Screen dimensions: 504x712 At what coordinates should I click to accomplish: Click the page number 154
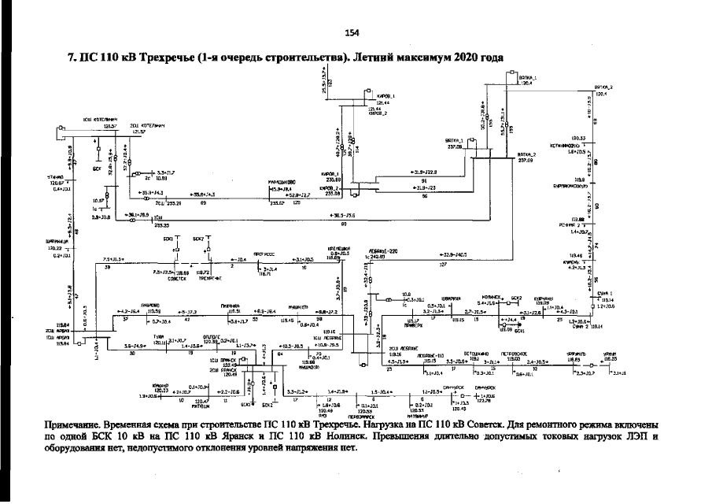point(352,32)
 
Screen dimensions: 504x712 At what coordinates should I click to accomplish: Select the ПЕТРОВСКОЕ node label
point(516,354)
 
